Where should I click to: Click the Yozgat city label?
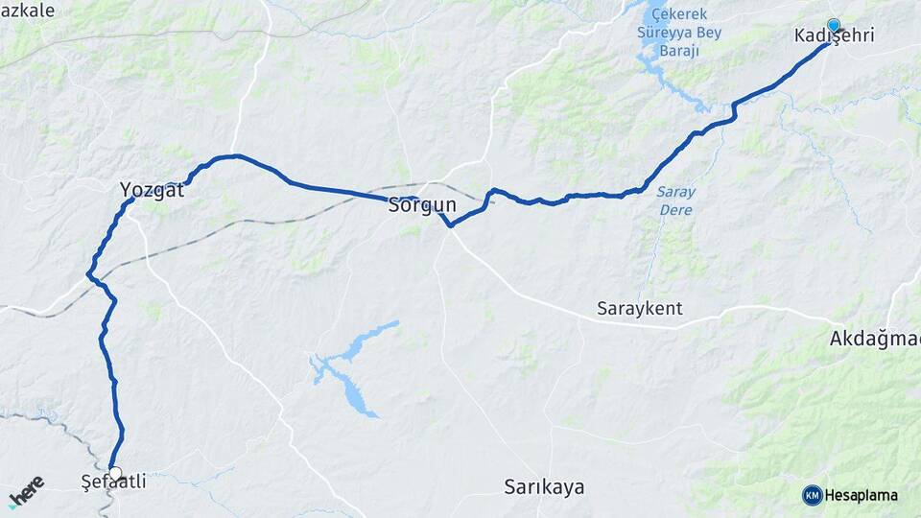[152, 190]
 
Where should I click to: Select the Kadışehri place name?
[834, 35]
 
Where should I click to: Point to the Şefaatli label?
[114, 483]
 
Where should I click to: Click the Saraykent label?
[639, 309]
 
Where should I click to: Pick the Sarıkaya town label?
[544, 486]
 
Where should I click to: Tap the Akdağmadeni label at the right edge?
[874, 339]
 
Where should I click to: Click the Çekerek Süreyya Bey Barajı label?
[678, 31]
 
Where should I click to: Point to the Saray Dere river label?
[676, 199]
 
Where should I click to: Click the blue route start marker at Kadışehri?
[834, 26]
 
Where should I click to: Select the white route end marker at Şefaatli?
[116, 473]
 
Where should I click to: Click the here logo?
[27, 491]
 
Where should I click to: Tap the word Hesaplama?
[861, 496]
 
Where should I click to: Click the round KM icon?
[813, 495]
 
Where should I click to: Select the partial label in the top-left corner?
[29, 10]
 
